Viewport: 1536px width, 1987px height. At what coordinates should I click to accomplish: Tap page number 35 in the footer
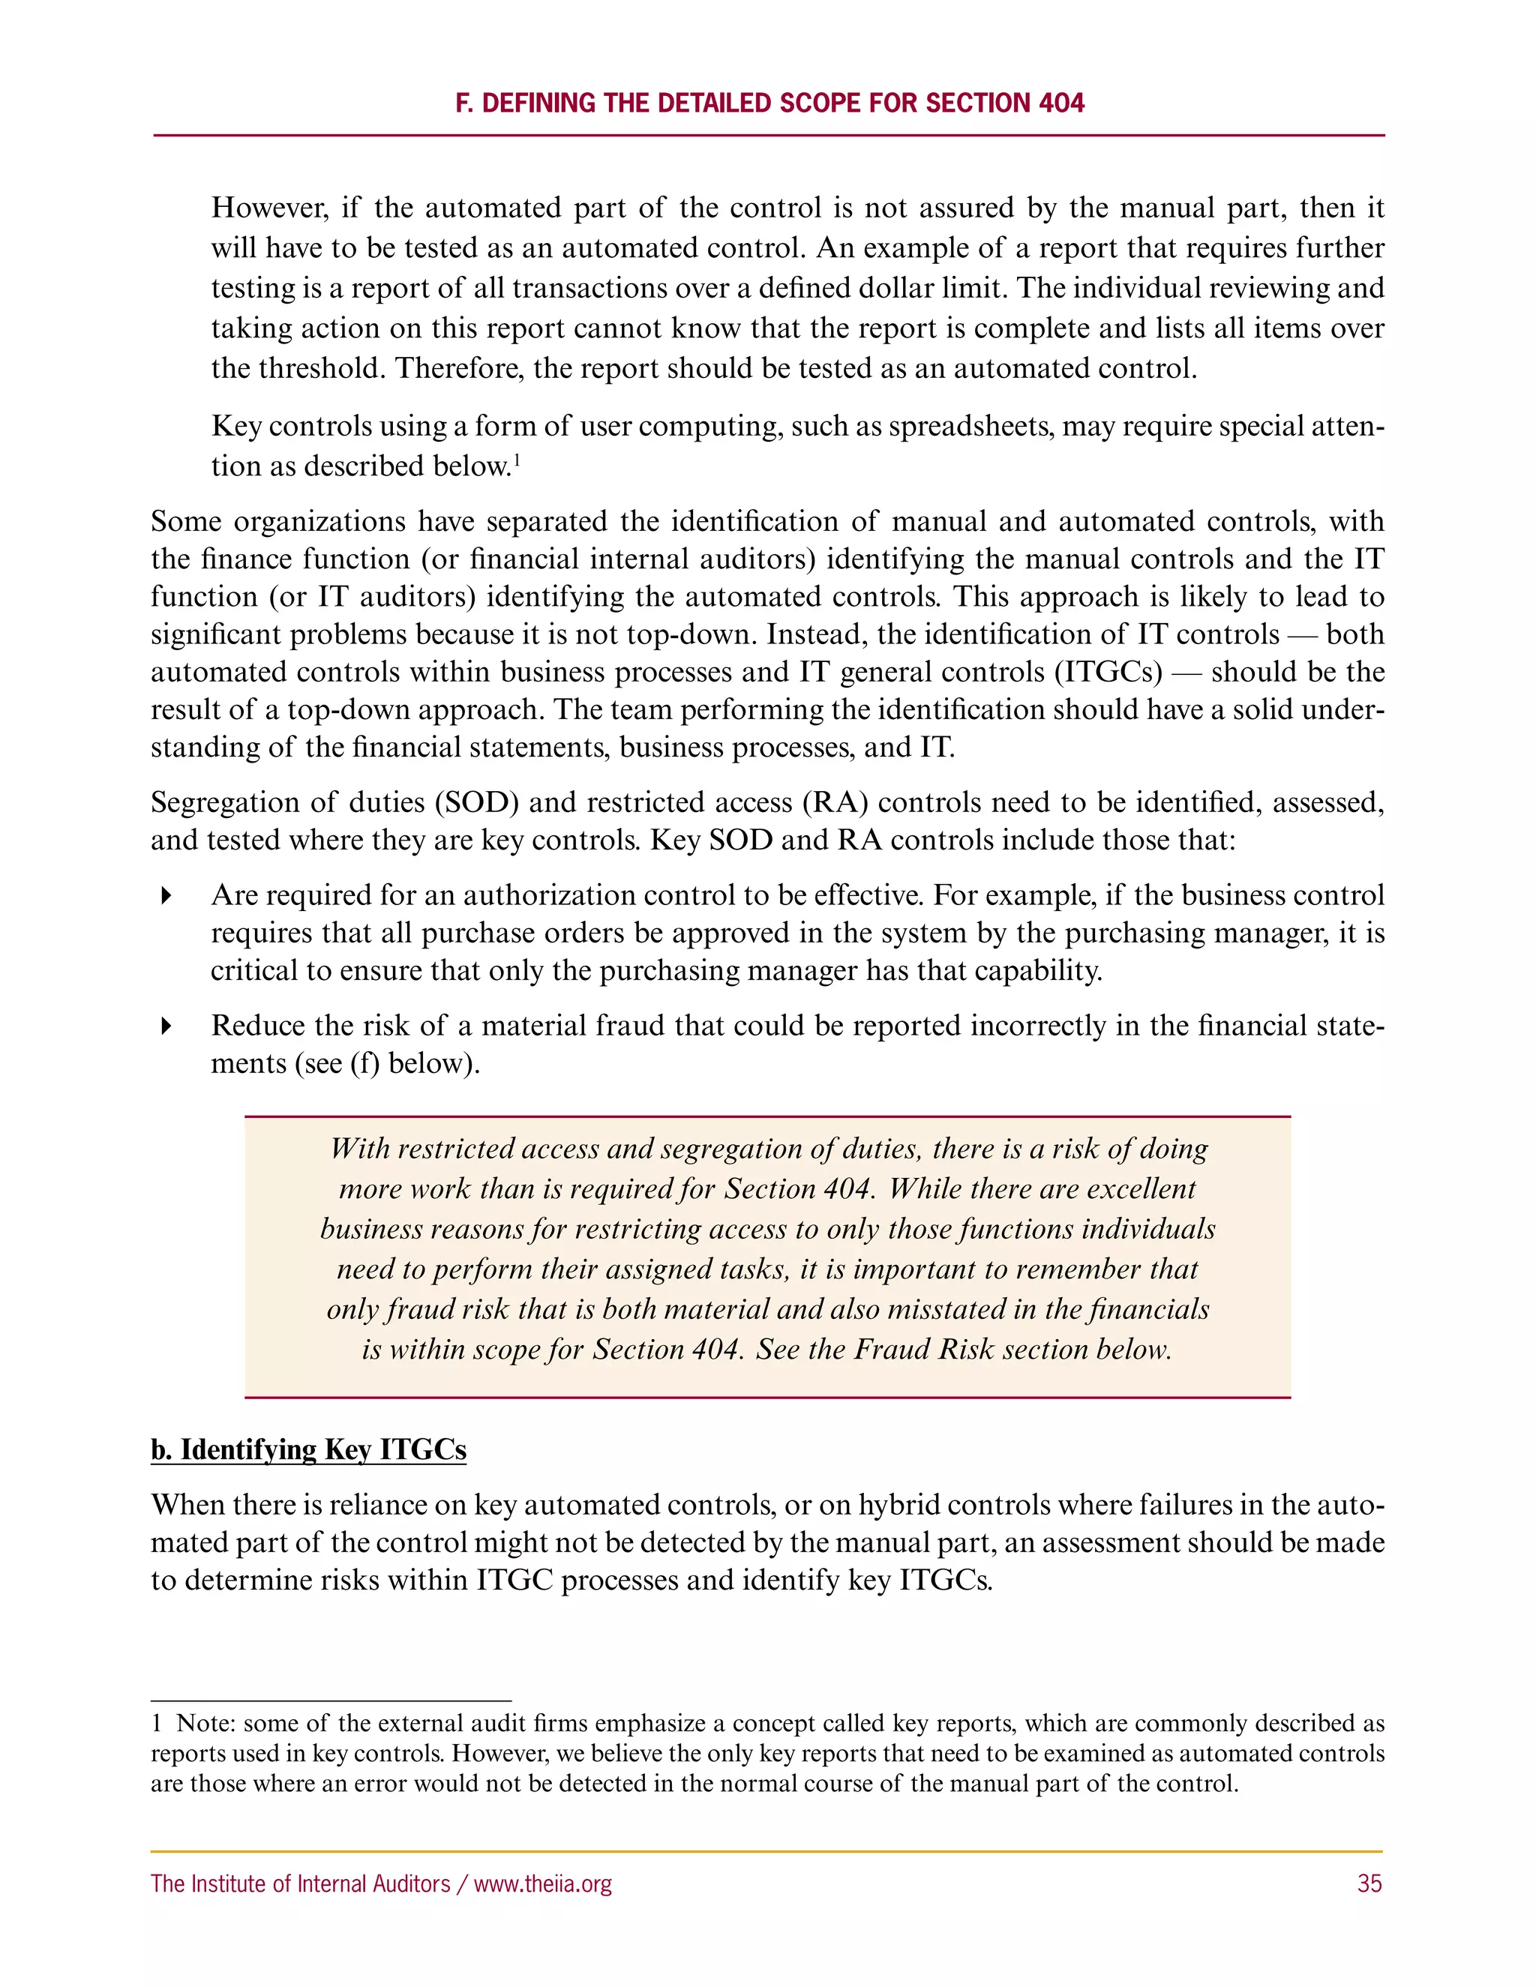click(1369, 1884)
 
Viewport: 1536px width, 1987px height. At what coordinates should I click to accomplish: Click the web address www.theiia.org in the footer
click(542, 1884)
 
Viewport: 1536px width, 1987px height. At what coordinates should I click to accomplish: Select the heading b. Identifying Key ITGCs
click(308, 1449)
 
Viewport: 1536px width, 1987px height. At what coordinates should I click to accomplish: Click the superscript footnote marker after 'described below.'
click(516, 460)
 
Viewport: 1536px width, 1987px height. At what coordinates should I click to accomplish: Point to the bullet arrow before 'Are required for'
click(166, 896)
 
